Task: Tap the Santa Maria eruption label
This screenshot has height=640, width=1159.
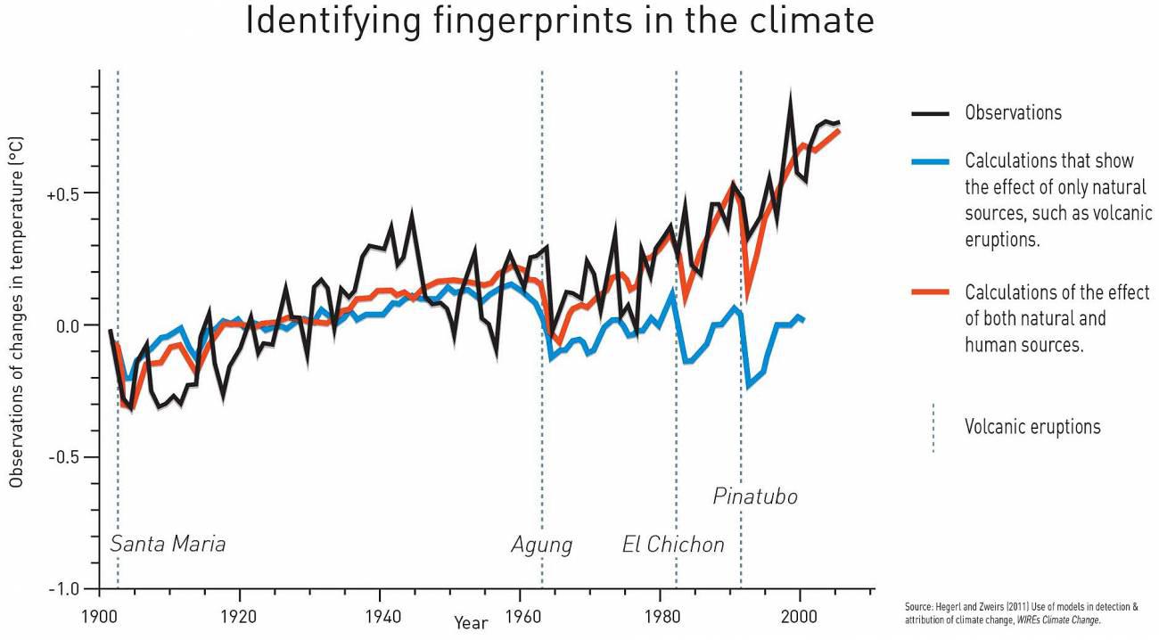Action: (x=168, y=544)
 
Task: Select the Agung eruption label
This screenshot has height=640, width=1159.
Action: (x=541, y=545)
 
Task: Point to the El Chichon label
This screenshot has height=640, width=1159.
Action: (x=673, y=545)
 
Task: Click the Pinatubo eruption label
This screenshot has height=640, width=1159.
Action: (x=754, y=496)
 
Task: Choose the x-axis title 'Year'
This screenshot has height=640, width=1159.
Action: (x=471, y=623)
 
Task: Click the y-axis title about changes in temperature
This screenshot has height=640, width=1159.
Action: (x=17, y=312)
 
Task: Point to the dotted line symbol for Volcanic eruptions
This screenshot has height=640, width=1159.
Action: (x=933, y=428)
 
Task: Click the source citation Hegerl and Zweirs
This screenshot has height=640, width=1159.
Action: (x=1021, y=613)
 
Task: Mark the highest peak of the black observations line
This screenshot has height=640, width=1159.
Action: (x=790, y=94)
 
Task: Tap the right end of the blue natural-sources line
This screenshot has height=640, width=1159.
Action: (x=804, y=319)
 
